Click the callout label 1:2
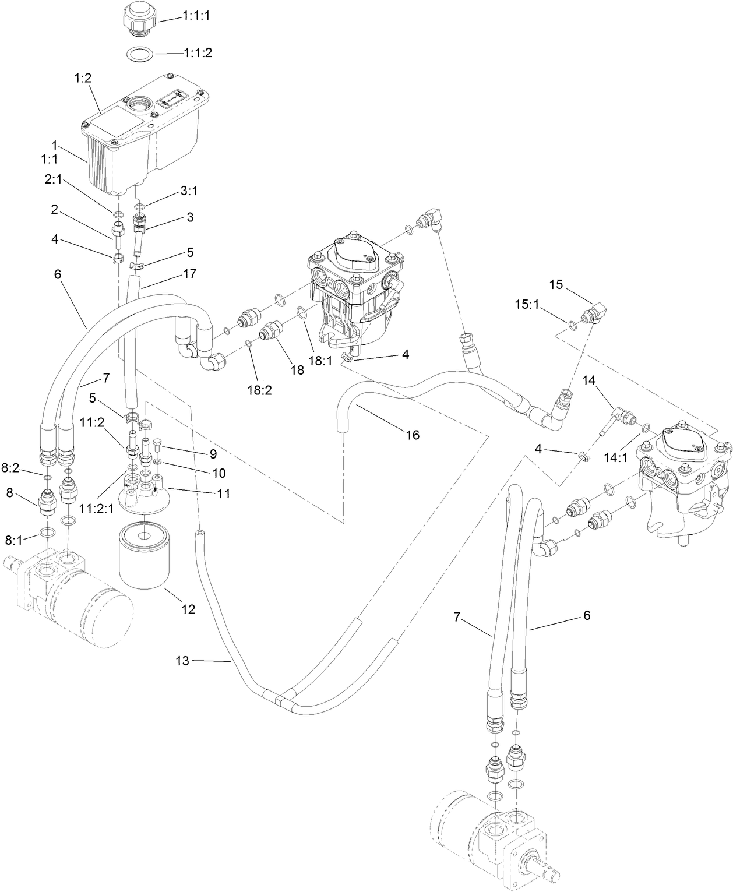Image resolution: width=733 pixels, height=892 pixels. click(x=84, y=77)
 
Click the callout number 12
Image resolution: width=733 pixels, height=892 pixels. click(x=188, y=609)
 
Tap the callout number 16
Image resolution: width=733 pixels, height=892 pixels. click(x=412, y=435)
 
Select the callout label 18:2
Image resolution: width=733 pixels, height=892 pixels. click(x=259, y=373)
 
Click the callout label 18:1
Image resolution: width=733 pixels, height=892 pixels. click(x=320, y=361)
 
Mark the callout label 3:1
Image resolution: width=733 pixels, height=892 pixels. click(x=189, y=191)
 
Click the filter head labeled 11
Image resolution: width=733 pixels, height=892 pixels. click(x=143, y=492)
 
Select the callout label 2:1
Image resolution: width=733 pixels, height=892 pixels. click(x=54, y=181)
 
